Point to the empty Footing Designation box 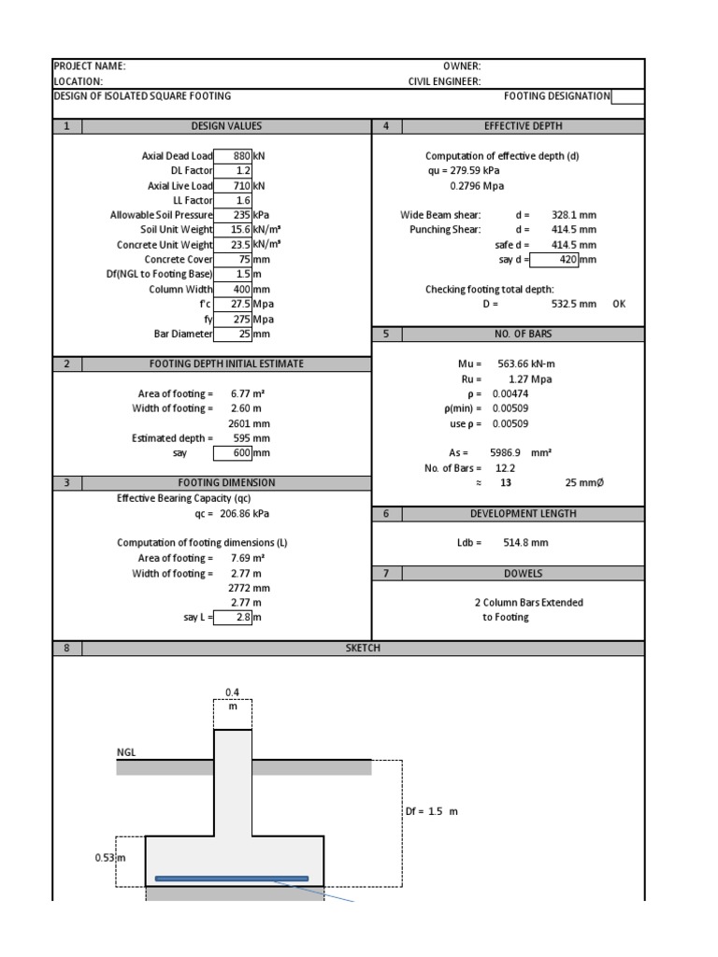[x=627, y=96]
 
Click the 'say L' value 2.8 [x=234, y=618]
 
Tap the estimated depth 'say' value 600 [x=234, y=453]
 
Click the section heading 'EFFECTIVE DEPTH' [x=523, y=126]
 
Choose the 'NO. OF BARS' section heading [x=523, y=334]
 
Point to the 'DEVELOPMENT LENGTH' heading [x=523, y=513]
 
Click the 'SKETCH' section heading [x=363, y=648]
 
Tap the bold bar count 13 [x=506, y=483]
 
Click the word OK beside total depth [x=619, y=304]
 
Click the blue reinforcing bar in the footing [x=232, y=878]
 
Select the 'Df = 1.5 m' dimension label [x=432, y=811]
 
